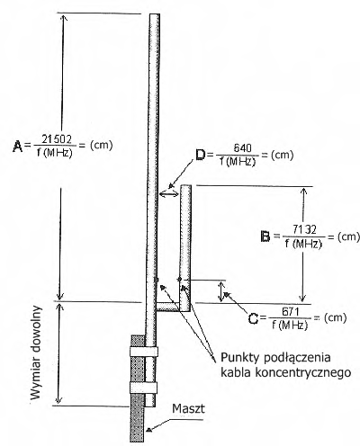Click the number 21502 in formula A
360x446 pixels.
pyautogui.click(x=57, y=139)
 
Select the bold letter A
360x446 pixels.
pyautogui.click(x=18, y=147)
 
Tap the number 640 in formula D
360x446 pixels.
pyautogui.click(x=242, y=148)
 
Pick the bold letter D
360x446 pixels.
pyautogui.click(x=201, y=155)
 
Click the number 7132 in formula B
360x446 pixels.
pyautogui.click(x=304, y=229)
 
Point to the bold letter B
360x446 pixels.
pyautogui.click(x=265, y=236)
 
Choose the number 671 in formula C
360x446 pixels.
pyautogui.click(x=290, y=312)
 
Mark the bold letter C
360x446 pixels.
pyautogui.click(x=254, y=318)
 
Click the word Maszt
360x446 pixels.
pyautogui.click(x=188, y=408)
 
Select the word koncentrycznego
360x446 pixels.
pyautogui.click(x=303, y=372)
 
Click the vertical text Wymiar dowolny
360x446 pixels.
pyautogui.click(x=35, y=352)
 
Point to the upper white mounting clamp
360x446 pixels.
pyautogui.click(x=144, y=352)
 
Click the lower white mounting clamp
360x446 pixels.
pyautogui.click(x=143, y=388)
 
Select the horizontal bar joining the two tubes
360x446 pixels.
pyautogui.click(x=168, y=307)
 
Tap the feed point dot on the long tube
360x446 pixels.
pyautogui.click(x=156, y=280)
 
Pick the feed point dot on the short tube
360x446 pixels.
pyautogui.click(x=180, y=280)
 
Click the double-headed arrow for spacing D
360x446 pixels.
pyautogui.click(x=168, y=194)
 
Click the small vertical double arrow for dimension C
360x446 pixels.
pyautogui.click(x=221, y=290)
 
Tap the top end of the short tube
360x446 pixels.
pyautogui.click(x=185, y=185)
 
